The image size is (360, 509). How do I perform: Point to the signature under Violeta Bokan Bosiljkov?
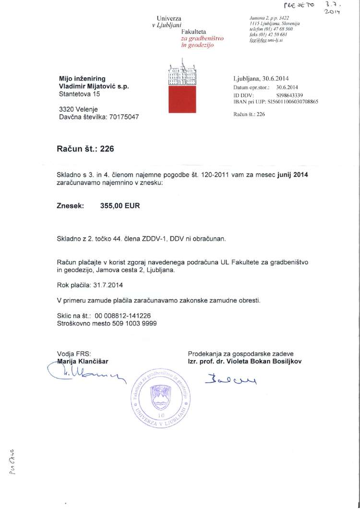coord(231,381)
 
